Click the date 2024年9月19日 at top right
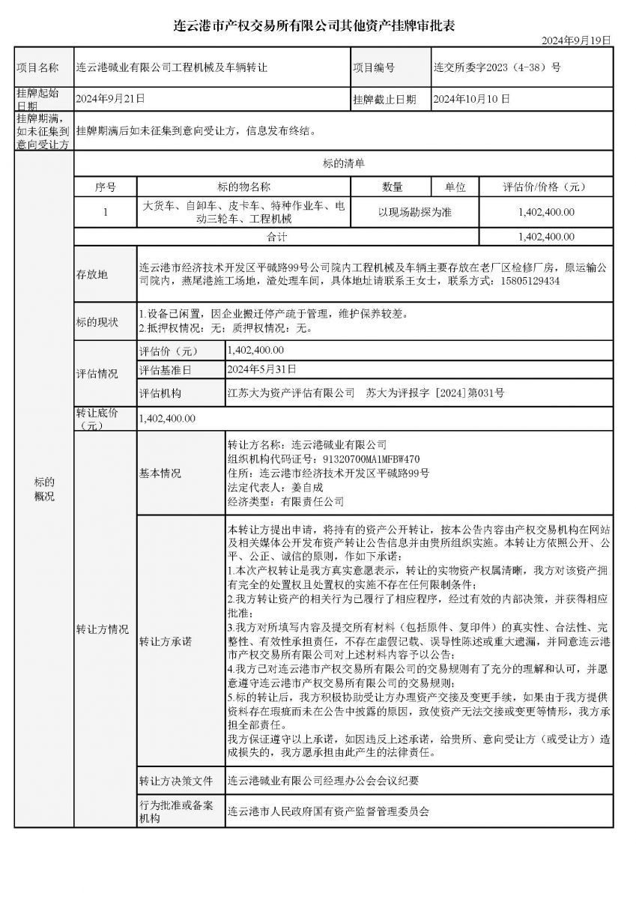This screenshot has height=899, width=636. point(576,40)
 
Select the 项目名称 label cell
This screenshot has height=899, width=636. point(37,67)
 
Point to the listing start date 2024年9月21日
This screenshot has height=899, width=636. point(111,98)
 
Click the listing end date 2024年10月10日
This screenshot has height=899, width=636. point(472,98)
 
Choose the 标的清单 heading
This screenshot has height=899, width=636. point(344,163)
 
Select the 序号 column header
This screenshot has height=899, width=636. point(106,187)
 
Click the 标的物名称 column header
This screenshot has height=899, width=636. point(243,187)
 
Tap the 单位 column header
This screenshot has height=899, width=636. point(455,187)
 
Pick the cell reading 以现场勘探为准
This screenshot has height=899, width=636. point(414,212)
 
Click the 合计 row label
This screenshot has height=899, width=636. point(277,237)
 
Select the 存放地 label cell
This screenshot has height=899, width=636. point(92,274)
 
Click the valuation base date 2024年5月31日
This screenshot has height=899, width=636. point(262,369)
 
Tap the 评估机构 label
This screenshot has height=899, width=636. point(160,393)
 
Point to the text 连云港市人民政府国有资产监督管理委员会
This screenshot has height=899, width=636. point(329,811)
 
